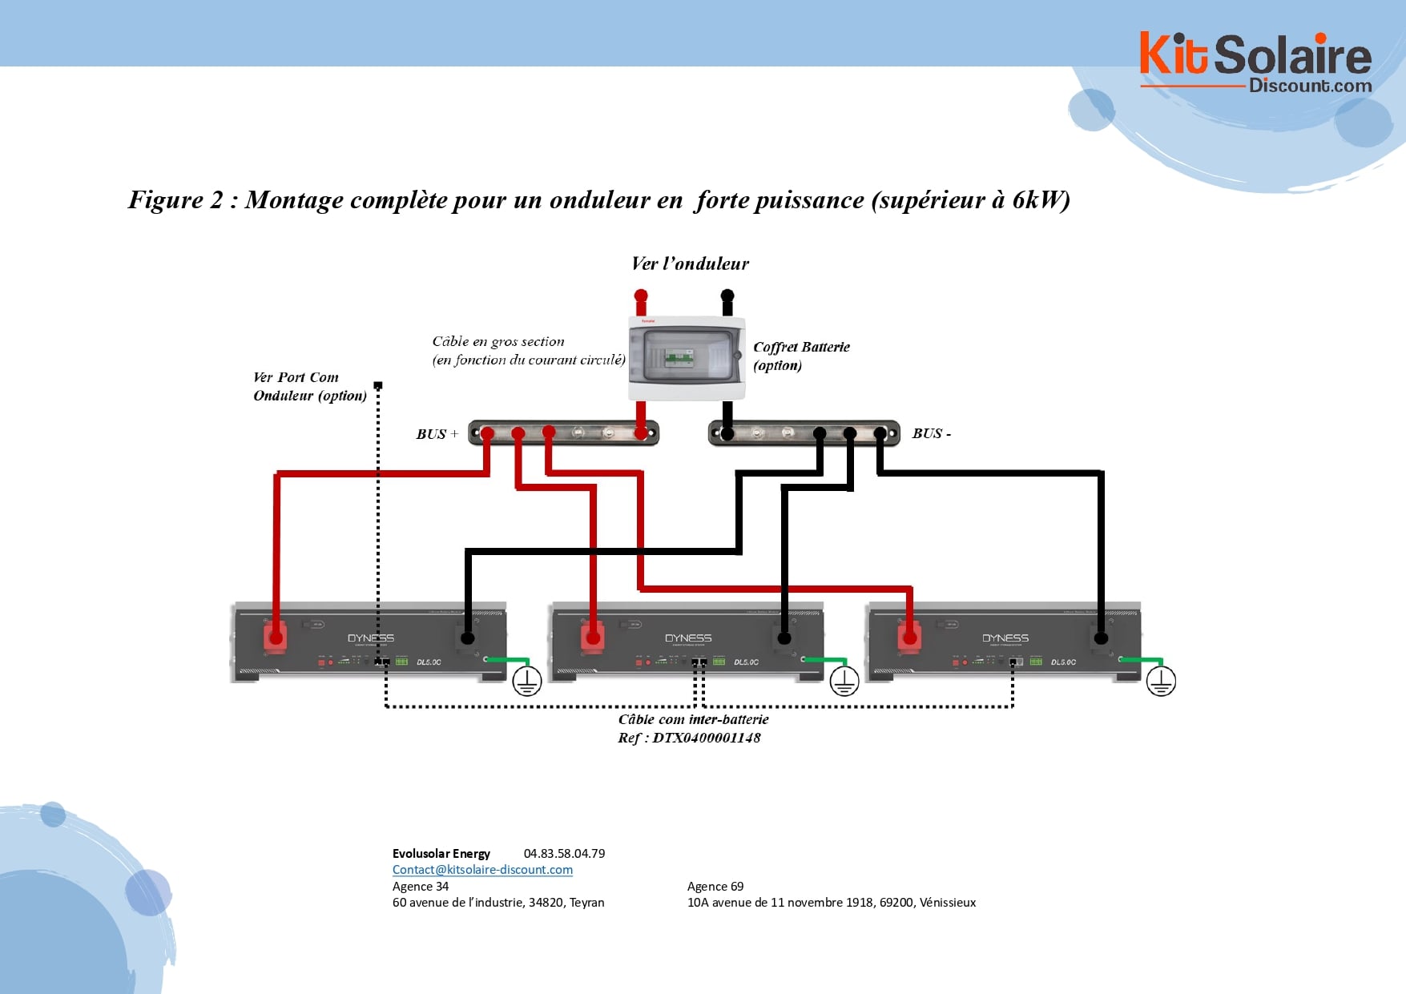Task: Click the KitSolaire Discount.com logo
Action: [1255, 62]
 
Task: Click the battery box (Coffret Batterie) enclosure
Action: [687, 358]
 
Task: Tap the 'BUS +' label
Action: [437, 434]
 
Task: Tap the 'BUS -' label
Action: [931, 433]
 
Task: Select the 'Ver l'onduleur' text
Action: [690, 264]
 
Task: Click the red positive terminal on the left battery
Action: [276, 638]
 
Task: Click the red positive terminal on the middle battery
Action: [593, 638]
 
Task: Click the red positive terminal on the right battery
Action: [909, 638]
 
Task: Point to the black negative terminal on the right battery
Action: [1101, 638]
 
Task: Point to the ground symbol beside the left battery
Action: [526, 681]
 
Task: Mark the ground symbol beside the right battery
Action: [1161, 681]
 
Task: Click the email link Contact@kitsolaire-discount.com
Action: [482, 870]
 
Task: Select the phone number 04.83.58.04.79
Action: [564, 854]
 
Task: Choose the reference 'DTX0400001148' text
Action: [706, 738]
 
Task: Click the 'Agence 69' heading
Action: [715, 887]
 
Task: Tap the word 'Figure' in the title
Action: [165, 199]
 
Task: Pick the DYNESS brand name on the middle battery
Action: [688, 638]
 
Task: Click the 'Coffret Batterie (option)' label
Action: [801, 356]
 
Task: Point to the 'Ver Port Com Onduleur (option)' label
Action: [309, 386]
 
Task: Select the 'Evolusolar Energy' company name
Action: [441, 854]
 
